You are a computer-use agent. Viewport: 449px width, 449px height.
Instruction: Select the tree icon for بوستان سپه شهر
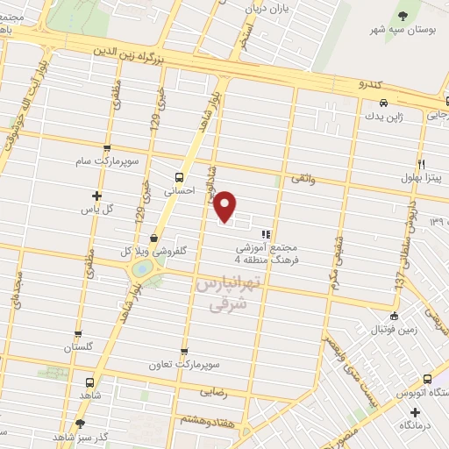403,17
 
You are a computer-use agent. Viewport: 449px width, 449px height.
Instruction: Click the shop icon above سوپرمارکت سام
107,149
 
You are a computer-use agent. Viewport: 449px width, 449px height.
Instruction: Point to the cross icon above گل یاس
96,195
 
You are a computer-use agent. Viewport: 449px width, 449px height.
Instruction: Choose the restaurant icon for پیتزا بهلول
421,164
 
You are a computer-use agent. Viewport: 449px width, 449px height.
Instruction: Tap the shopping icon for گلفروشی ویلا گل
153,236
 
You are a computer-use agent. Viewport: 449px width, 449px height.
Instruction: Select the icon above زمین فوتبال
395,317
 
